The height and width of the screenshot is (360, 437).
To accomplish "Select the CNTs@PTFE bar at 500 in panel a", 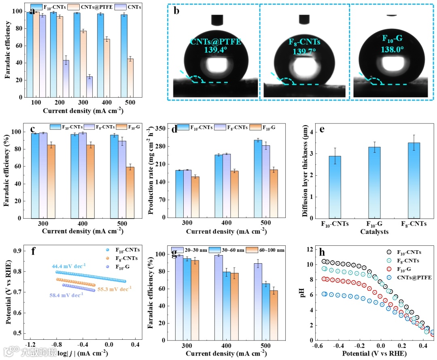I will coord(130,78).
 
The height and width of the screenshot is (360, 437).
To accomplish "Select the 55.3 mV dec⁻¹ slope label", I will coord(115,290).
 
